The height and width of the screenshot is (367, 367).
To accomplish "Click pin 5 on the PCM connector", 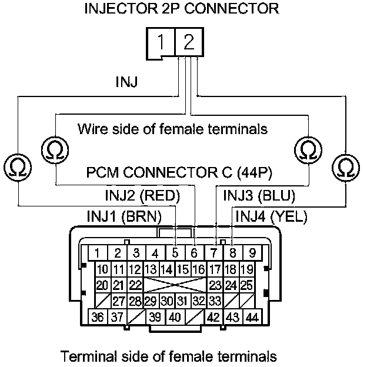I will (x=175, y=254).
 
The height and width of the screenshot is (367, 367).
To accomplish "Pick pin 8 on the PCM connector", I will (x=232, y=254).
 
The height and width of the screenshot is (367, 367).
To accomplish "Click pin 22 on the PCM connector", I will (x=135, y=285).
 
